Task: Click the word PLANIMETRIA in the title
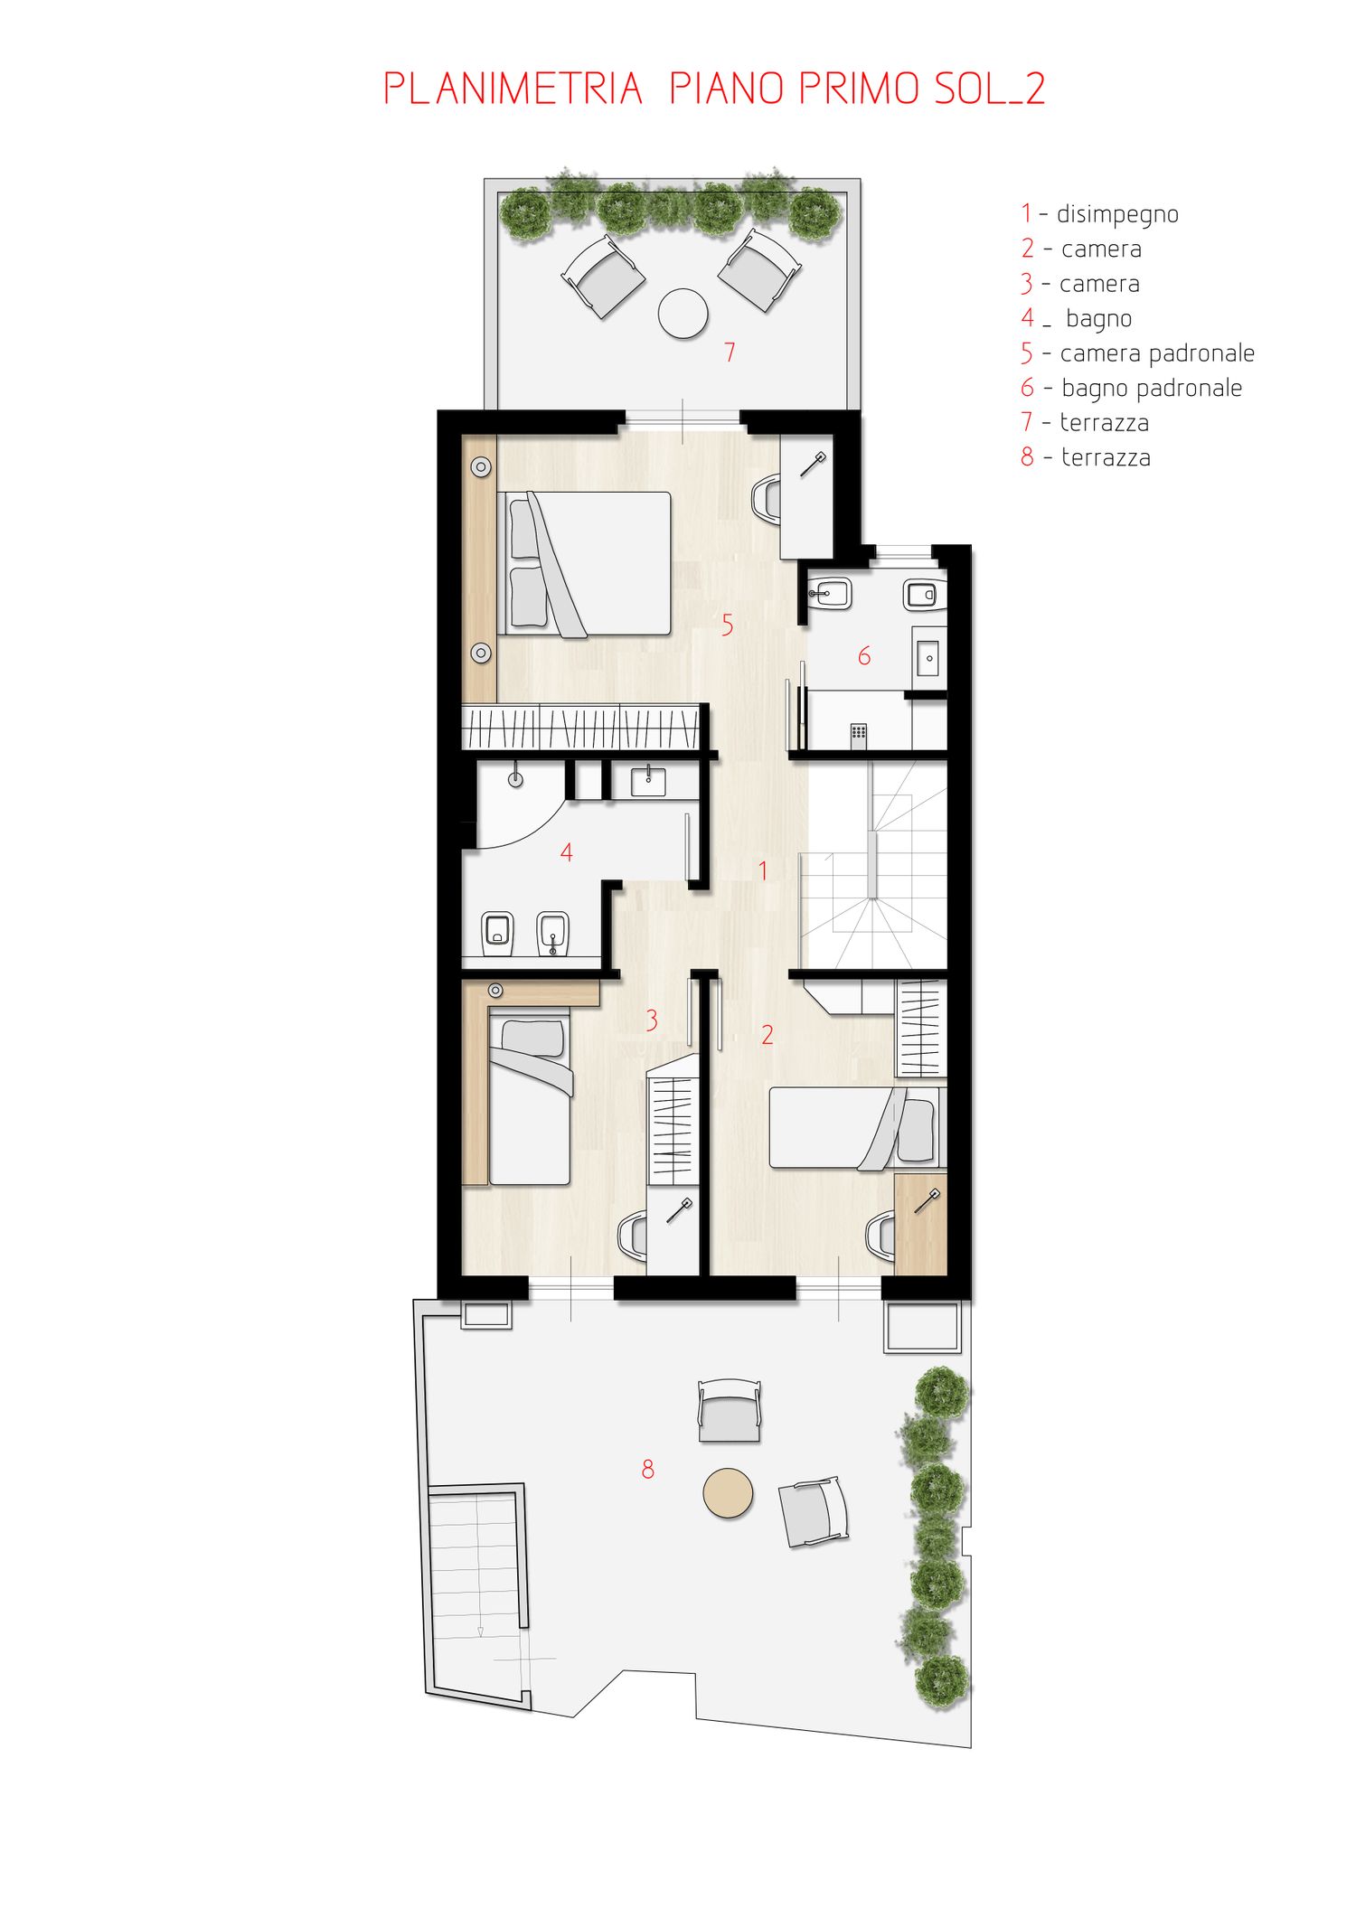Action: [x=513, y=89]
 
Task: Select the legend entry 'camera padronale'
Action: [x=1157, y=353]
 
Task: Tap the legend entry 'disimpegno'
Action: [x=1117, y=214]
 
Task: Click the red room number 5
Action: [x=727, y=625]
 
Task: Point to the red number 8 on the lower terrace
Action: [x=647, y=1469]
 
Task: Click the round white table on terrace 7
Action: [x=683, y=313]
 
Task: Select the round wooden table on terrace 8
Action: [x=728, y=1492]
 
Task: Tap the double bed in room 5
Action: [x=584, y=564]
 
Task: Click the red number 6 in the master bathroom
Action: [x=864, y=655]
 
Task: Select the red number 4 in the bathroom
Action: [x=567, y=851]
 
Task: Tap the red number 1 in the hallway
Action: [x=763, y=870]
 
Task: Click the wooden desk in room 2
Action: [x=920, y=1224]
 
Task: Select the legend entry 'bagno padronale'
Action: [x=1152, y=388]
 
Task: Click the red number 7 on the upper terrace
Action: [x=730, y=352]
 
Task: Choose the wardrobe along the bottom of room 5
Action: [x=581, y=727]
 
